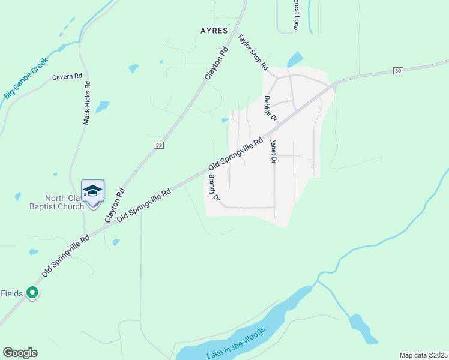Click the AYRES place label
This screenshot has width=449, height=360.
[x=214, y=29]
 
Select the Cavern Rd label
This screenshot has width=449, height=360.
[x=67, y=77]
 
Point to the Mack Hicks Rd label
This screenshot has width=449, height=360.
[x=87, y=103]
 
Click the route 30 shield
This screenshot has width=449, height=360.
[x=397, y=71]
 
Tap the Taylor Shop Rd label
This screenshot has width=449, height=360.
[x=252, y=53]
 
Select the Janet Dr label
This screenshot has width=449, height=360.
[x=273, y=151]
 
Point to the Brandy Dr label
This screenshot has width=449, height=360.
[x=214, y=188]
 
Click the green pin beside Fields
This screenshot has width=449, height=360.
[x=34, y=293]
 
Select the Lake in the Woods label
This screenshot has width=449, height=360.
[x=235, y=344]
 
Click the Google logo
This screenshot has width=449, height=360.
[x=20, y=353]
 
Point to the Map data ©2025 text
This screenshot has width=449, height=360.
[x=423, y=355]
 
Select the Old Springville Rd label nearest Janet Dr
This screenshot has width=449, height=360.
[x=236, y=154]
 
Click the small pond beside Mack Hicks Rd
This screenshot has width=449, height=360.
[x=103, y=107]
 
